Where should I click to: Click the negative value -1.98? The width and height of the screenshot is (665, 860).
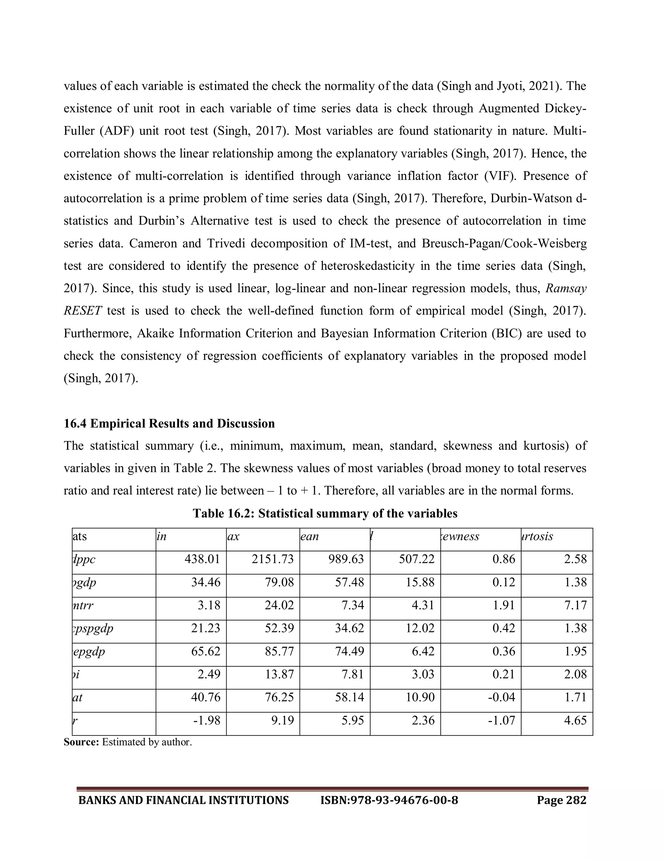tap(207, 720)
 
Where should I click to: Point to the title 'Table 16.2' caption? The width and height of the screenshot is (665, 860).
tap(325, 513)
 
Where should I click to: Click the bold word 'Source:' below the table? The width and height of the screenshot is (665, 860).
tap(82, 742)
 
